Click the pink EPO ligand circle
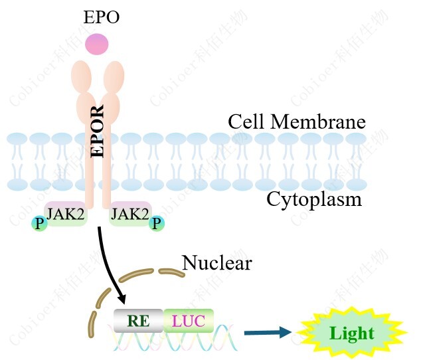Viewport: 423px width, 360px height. [x=96, y=45]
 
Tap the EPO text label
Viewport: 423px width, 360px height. [x=102, y=17]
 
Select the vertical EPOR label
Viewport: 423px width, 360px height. [x=97, y=131]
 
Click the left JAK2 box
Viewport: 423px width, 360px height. [x=66, y=214]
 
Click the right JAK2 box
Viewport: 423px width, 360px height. [x=130, y=214]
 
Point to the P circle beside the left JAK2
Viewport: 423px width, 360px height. [x=39, y=224]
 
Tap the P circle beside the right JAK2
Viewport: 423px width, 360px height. [x=157, y=223]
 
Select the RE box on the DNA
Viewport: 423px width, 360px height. [x=138, y=321]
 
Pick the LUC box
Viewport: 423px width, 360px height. [x=189, y=321]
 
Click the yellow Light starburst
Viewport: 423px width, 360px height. [x=352, y=333]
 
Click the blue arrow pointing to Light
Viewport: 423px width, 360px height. [x=268, y=333]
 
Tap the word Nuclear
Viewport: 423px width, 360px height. [x=217, y=262]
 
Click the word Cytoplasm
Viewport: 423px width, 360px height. [x=314, y=200]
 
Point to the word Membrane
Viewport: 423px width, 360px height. [x=318, y=122]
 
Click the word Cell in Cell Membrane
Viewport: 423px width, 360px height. [x=246, y=122]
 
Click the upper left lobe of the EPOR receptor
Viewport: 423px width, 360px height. [x=81, y=76]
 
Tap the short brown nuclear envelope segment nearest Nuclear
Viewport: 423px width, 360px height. [x=171, y=272]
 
